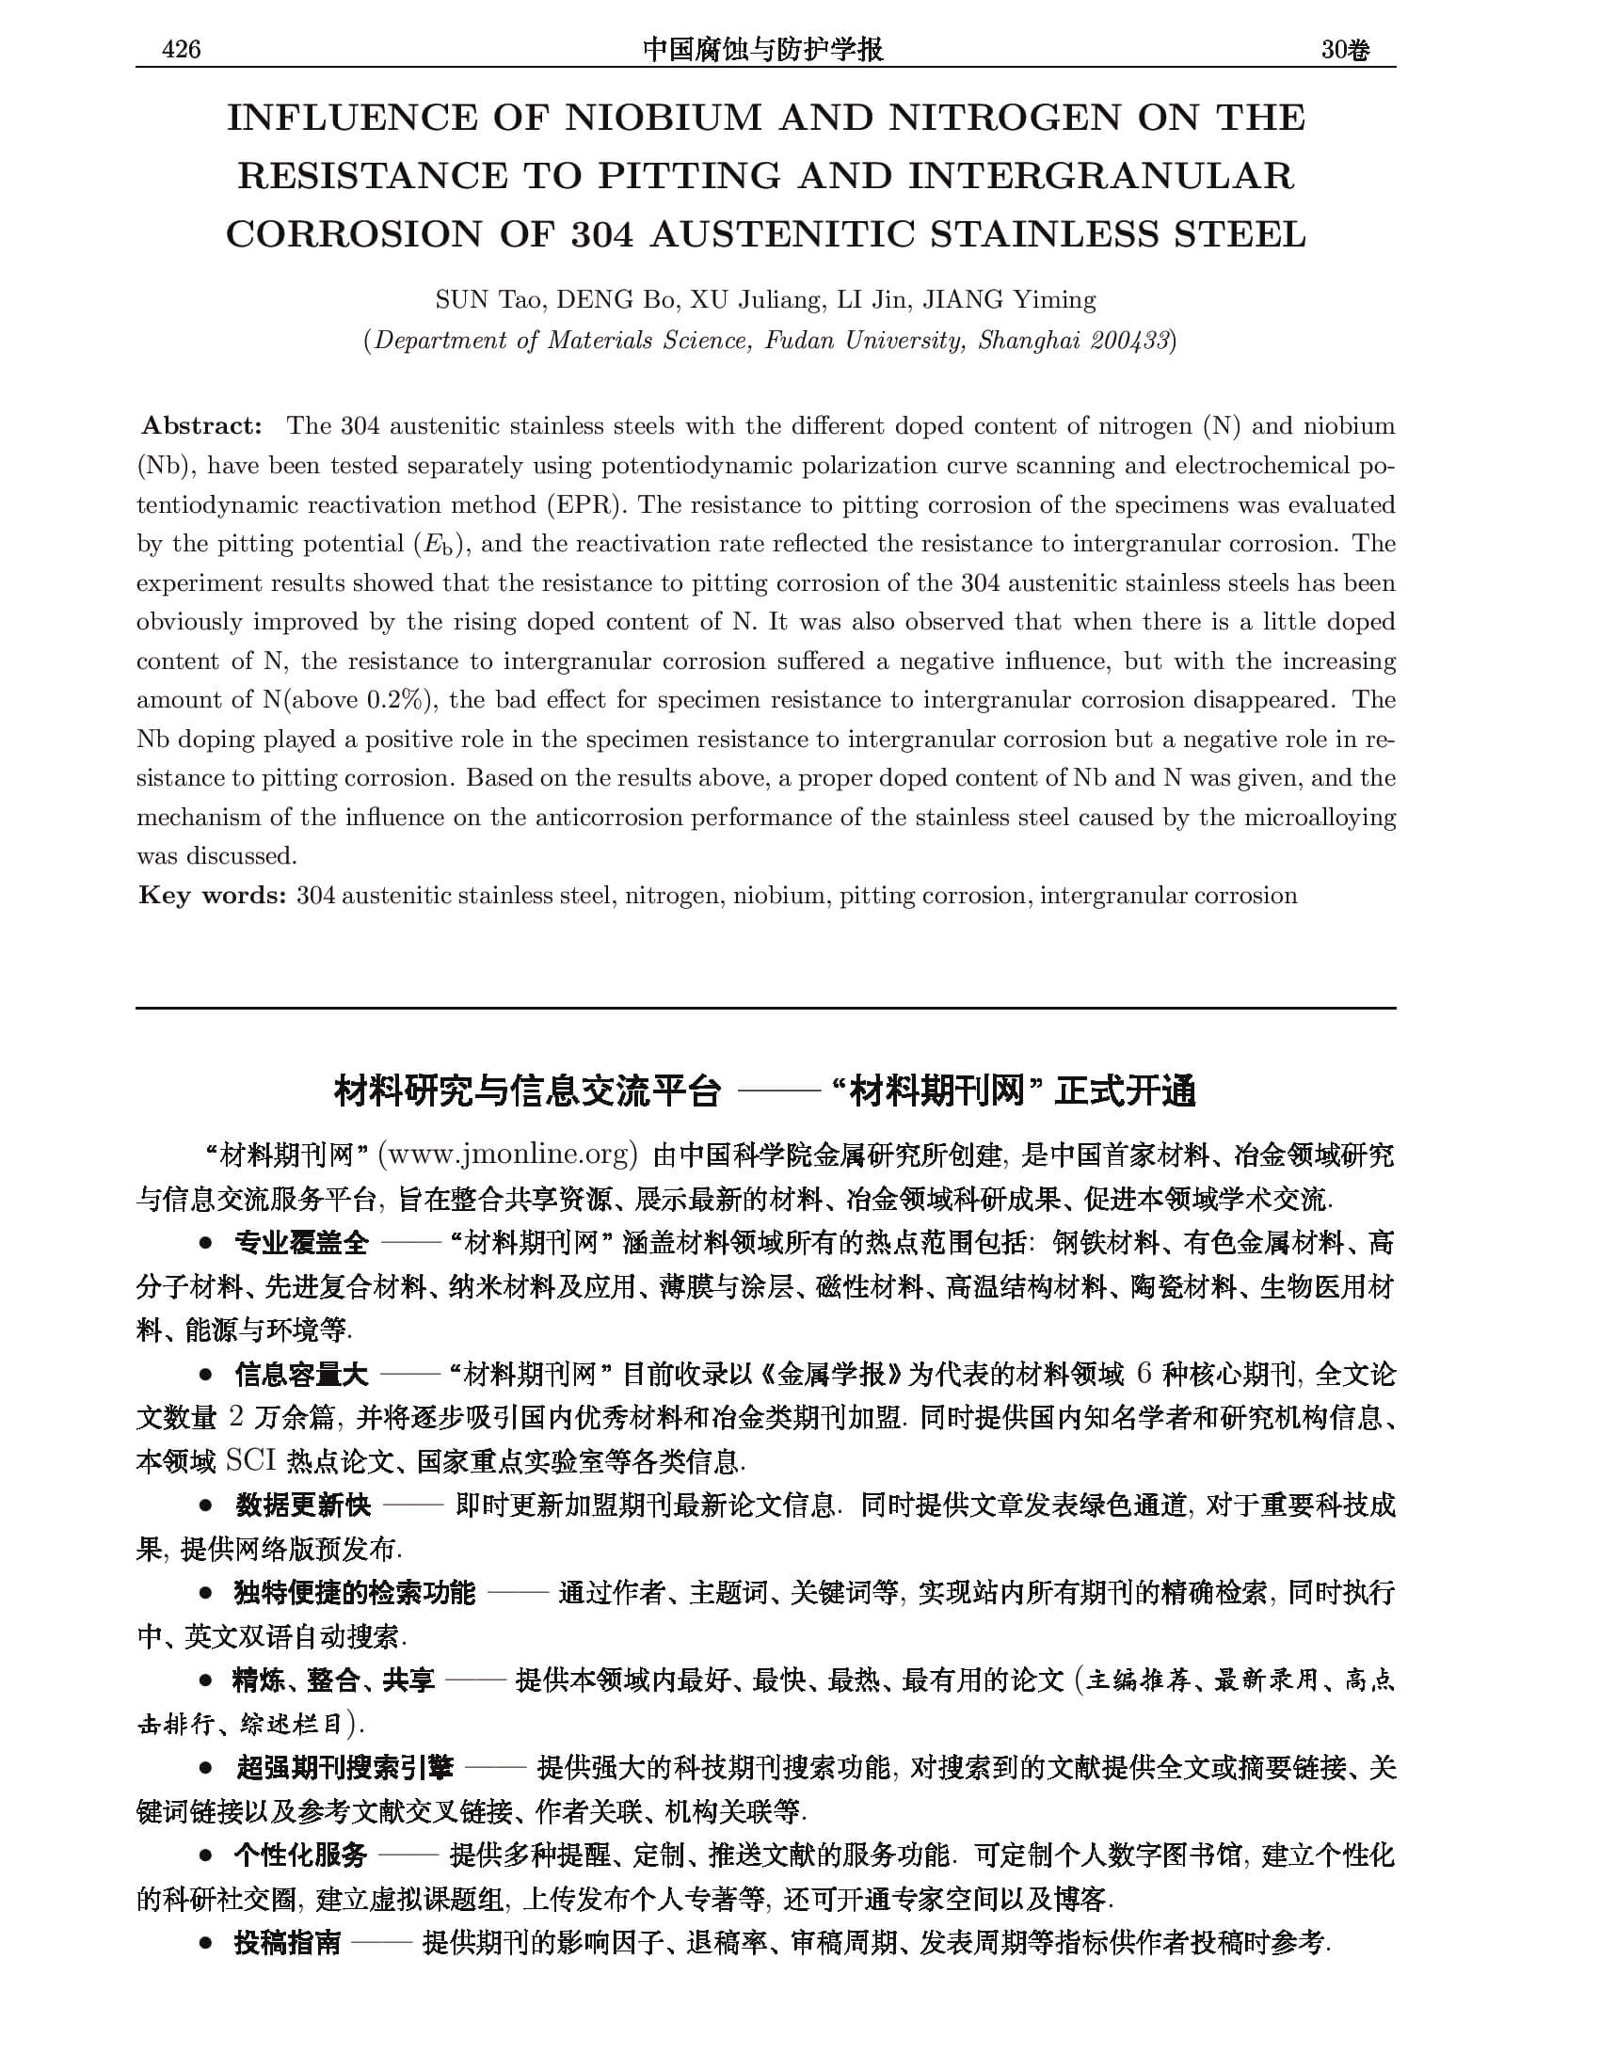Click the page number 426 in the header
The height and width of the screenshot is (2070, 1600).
point(181,50)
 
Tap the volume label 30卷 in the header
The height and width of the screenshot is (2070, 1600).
point(1345,50)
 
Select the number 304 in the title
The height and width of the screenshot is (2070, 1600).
point(602,235)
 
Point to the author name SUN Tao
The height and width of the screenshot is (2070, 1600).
point(488,300)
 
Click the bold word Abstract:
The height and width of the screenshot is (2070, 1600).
point(202,425)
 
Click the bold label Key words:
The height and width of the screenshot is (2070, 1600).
point(213,896)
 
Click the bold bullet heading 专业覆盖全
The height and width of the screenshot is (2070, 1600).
point(301,1243)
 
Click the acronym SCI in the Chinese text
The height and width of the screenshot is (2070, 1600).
point(250,1460)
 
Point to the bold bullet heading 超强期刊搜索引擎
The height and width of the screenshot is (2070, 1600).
point(345,1767)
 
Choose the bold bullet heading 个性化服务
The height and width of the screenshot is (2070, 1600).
point(300,1855)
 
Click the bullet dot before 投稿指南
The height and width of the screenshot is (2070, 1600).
point(205,1944)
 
